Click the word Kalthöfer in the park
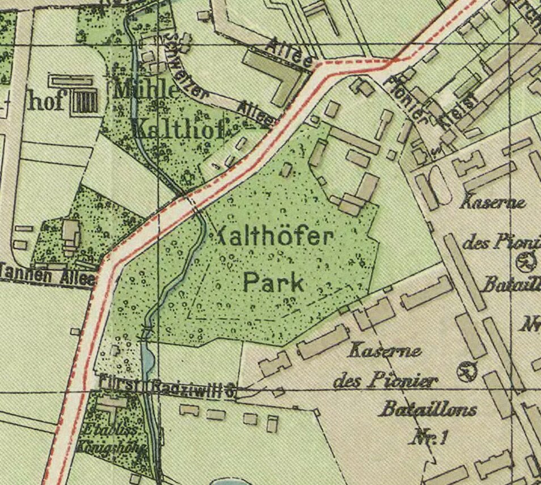point(272,237)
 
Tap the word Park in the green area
point(274,282)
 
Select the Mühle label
point(146,90)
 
